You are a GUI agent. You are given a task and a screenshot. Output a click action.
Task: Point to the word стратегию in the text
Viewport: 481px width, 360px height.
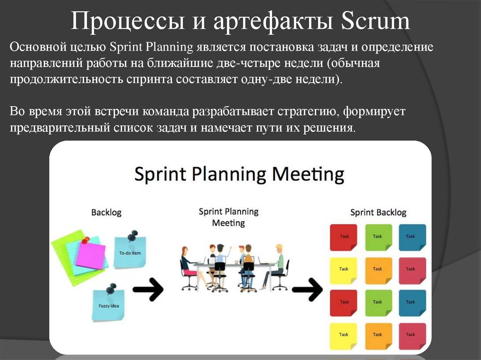[x=308, y=112]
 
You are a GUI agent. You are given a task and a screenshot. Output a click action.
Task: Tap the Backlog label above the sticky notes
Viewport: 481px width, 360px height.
[x=106, y=213]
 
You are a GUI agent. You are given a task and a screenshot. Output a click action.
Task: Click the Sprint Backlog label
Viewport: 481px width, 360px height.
[x=378, y=213]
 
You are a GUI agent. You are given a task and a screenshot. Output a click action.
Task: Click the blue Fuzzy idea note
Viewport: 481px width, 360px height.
[x=108, y=305]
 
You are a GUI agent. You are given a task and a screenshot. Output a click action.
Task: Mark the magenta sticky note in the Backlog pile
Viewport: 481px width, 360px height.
[x=91, y=256]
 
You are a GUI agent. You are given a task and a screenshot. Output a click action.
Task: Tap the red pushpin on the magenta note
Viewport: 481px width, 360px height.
[x=85, y=241]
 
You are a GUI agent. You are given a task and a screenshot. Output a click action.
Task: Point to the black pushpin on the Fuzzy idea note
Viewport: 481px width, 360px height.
[x=111, y=287]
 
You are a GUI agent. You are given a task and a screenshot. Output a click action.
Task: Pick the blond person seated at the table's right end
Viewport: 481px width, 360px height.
[x=279, y=265]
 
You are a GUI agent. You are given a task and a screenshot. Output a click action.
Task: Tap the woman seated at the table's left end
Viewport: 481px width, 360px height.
[x=186, y=265]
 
